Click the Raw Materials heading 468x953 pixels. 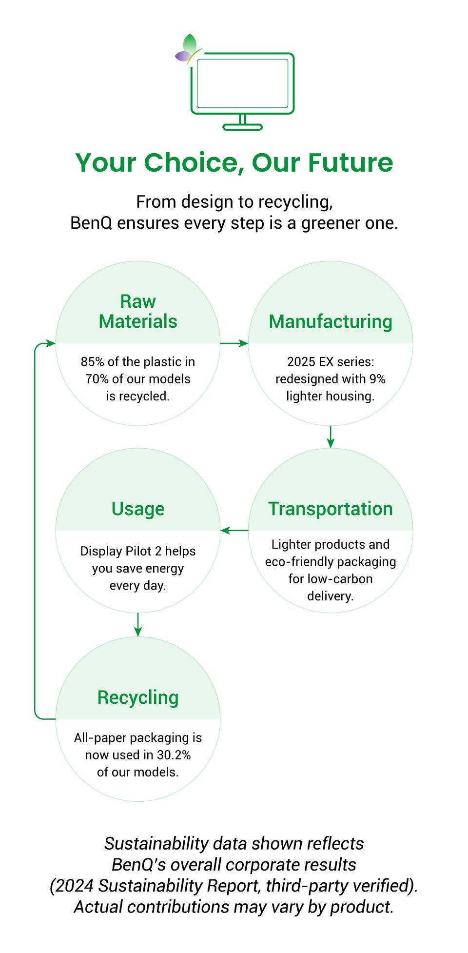pos(138,312)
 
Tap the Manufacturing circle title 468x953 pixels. pos(331,322)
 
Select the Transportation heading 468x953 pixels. pos(331,509)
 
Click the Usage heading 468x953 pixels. pos(138,509)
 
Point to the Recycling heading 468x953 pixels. pos(138,698)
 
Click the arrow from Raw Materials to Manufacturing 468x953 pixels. pos(234,343)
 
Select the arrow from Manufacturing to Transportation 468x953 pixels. pos(331,437)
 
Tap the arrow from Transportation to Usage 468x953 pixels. pos(234,530)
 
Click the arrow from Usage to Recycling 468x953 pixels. pos(138,625)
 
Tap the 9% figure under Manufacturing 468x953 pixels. pos(377,379)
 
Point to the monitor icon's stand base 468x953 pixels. pos(243,127)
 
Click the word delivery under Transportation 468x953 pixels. pos(330,596)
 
